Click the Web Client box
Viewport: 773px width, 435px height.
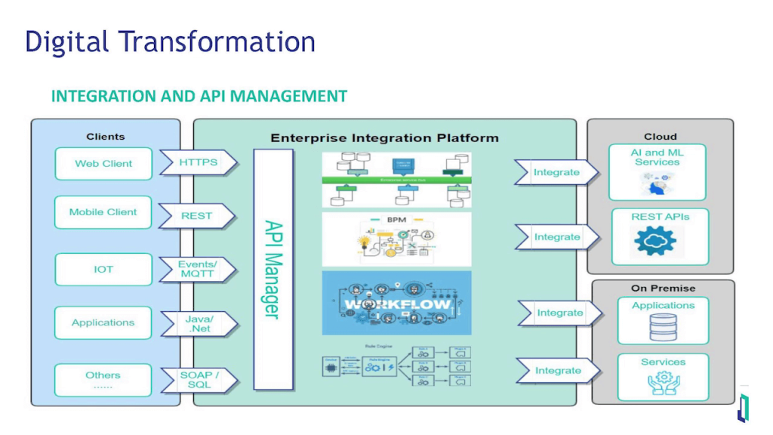pos(103,164)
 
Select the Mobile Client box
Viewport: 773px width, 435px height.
pos(103,212)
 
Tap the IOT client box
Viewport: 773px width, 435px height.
pos(103,270)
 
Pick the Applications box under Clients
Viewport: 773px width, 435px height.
pos(103,322)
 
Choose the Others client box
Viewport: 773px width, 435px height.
pos(103,379)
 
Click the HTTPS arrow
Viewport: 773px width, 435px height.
pos(198,162)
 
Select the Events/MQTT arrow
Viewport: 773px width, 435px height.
pos(197,270)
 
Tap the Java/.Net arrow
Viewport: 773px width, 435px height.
pos(199,324)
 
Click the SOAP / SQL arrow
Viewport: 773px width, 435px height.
pos(199,380)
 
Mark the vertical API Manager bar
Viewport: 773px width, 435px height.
pos(273,269)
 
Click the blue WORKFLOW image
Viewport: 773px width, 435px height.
pos(396,303)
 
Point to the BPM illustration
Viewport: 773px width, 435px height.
pos(396,239)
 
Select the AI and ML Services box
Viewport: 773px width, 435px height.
pos(658,172)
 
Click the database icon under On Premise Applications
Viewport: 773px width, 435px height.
pos(663,327)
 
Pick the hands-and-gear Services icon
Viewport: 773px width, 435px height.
pos(663,383)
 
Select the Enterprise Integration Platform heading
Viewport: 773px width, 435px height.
pos(384,138)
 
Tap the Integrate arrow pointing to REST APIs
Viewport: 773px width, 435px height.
pos(556,237)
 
